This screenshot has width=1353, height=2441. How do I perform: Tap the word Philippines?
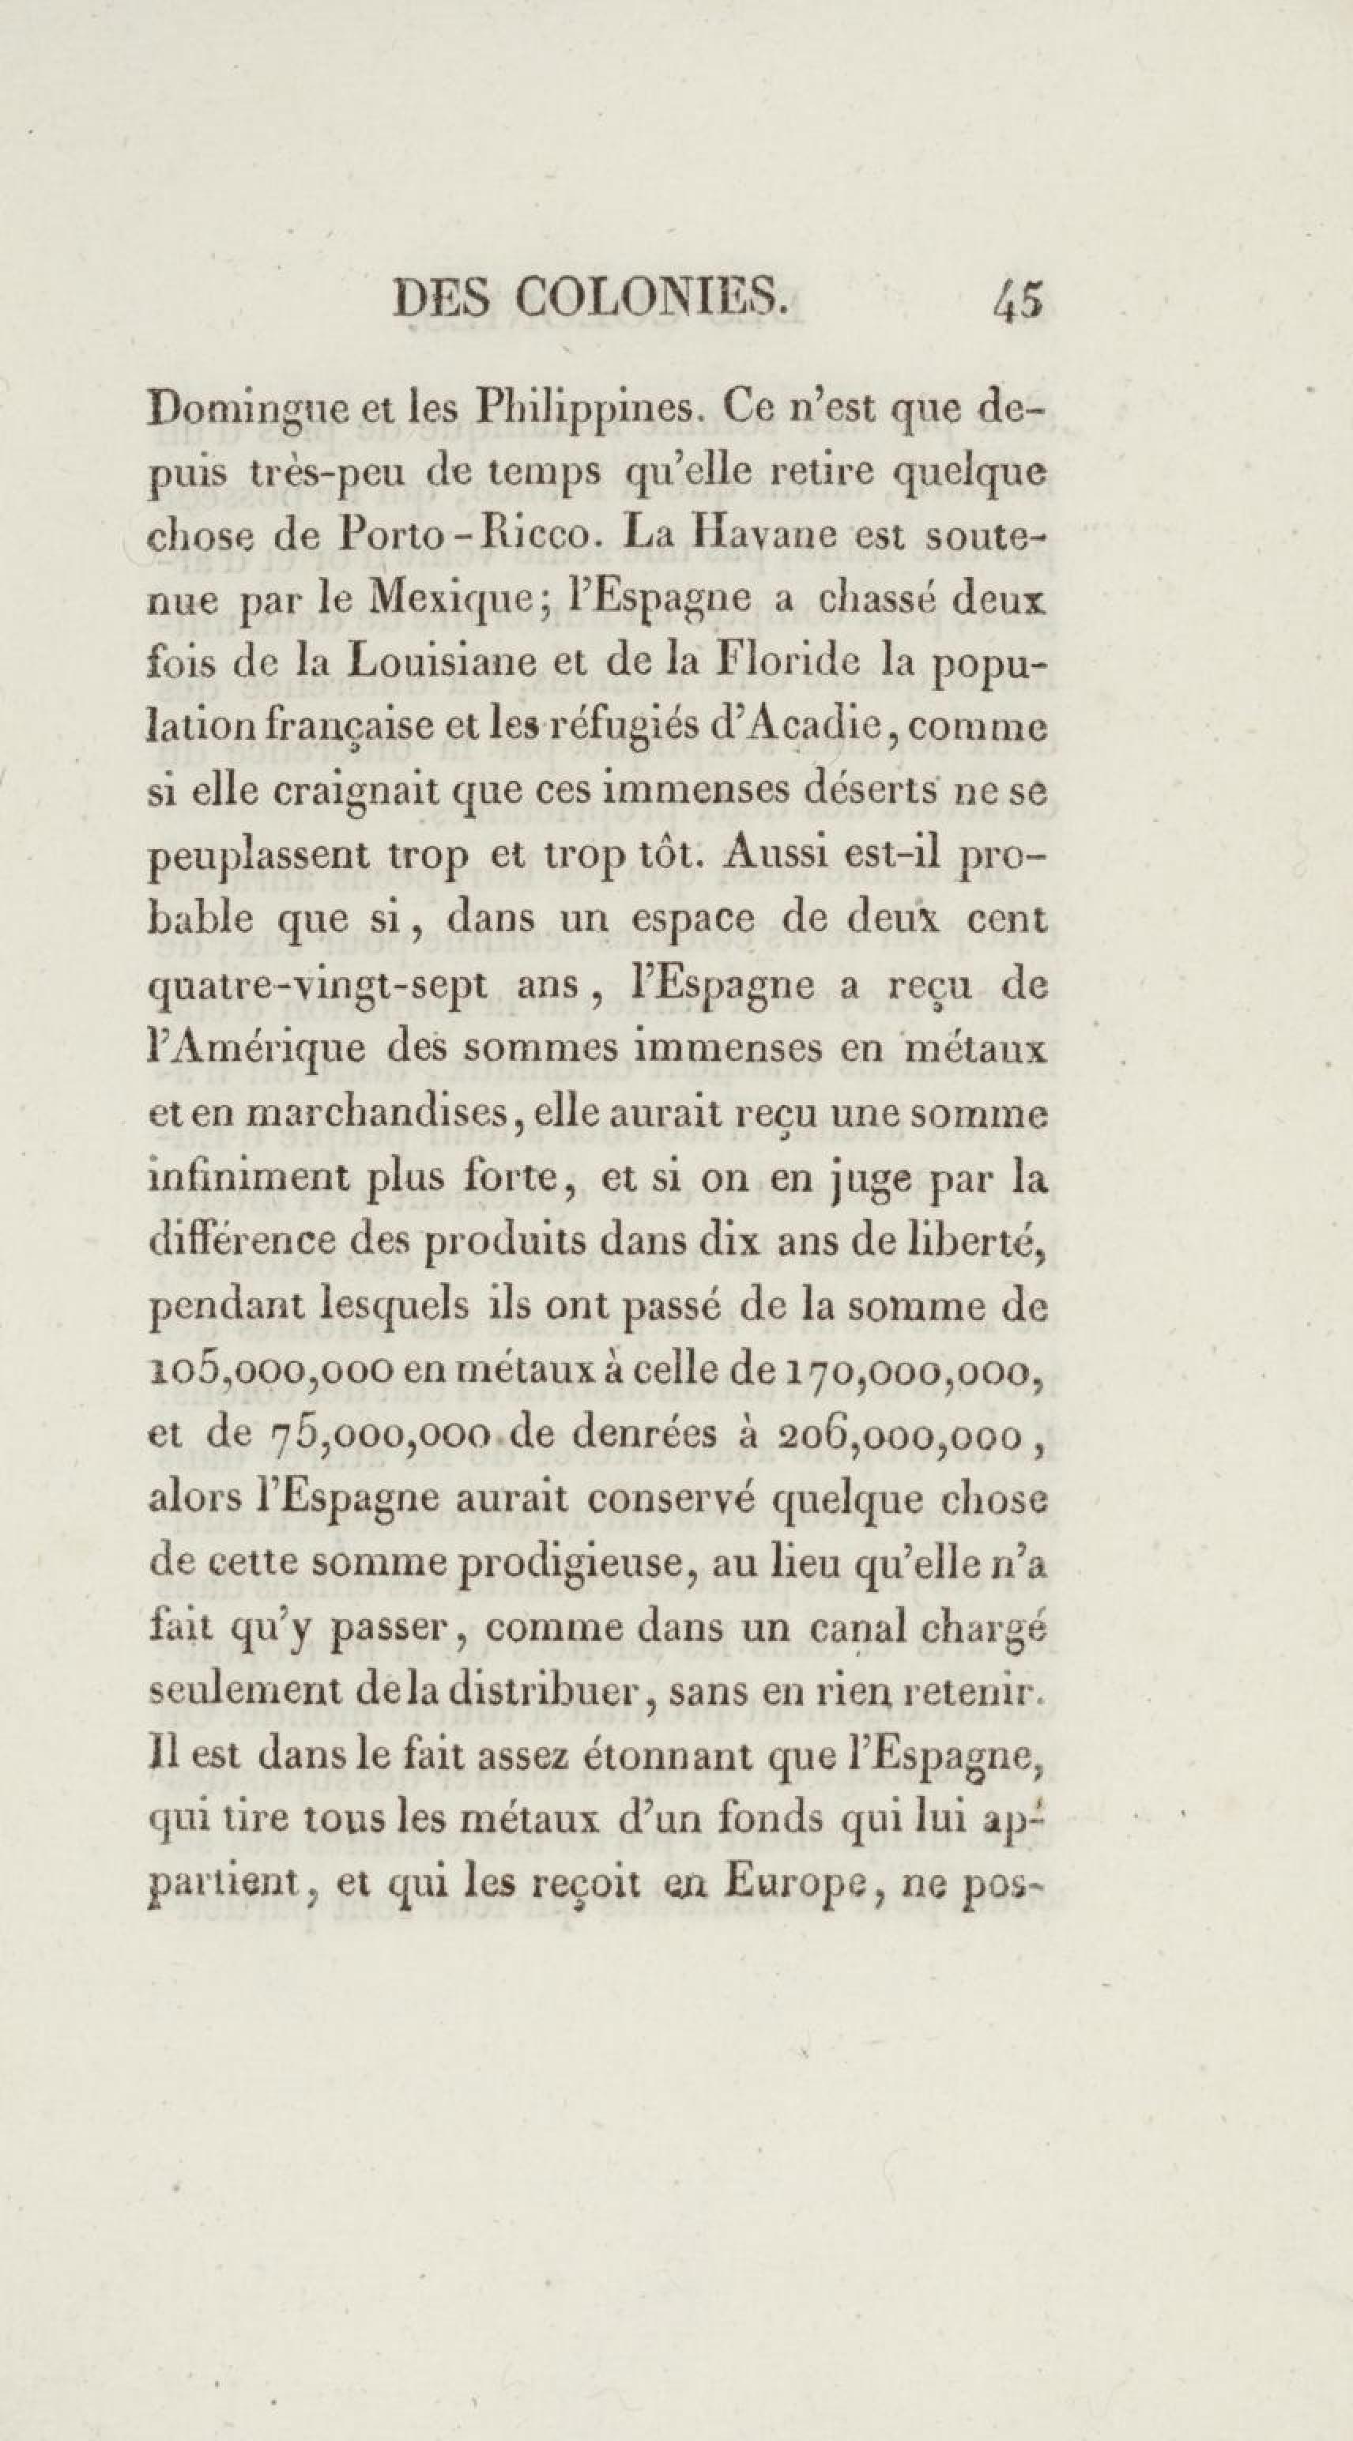(590, 412)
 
